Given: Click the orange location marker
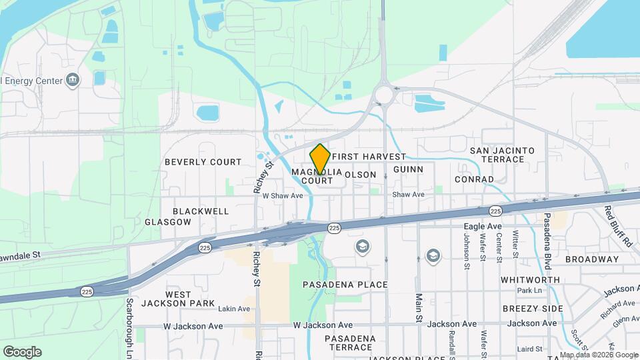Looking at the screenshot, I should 320,159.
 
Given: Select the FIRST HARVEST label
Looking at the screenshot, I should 368,157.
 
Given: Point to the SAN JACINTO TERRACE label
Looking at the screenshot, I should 502,155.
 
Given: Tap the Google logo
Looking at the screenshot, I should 22,351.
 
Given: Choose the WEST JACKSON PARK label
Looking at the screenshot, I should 178,299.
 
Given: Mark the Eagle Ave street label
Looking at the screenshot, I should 482,227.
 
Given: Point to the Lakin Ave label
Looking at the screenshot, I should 233,309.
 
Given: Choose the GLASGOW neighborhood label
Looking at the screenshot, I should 167,222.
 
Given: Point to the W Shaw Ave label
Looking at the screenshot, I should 283,196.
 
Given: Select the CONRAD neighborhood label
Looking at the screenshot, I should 474,179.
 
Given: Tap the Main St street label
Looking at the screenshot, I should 419,308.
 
